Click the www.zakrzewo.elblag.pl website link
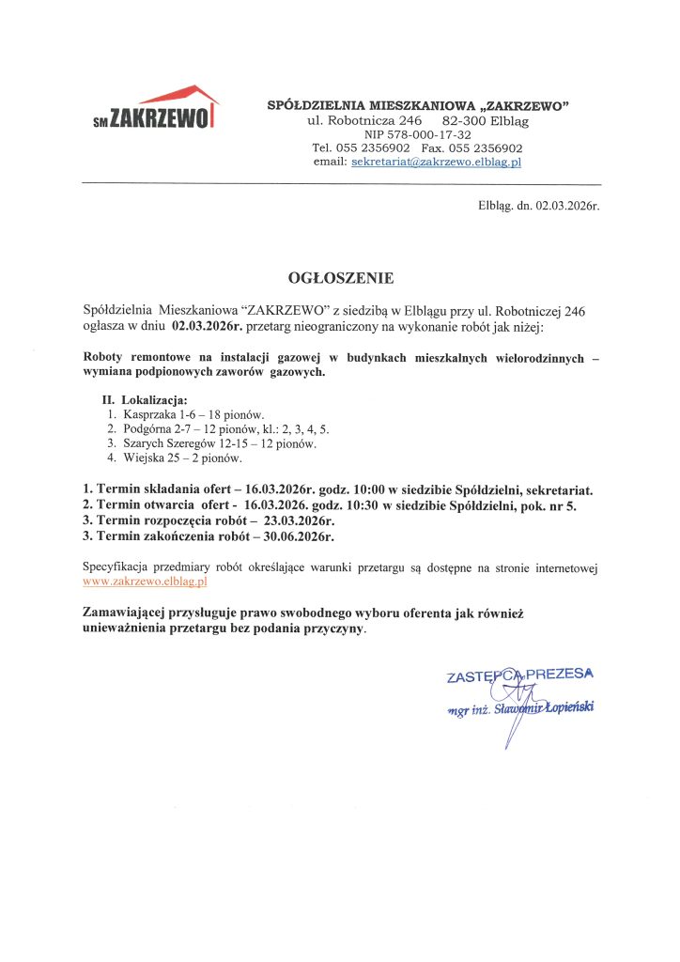(145, 582)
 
